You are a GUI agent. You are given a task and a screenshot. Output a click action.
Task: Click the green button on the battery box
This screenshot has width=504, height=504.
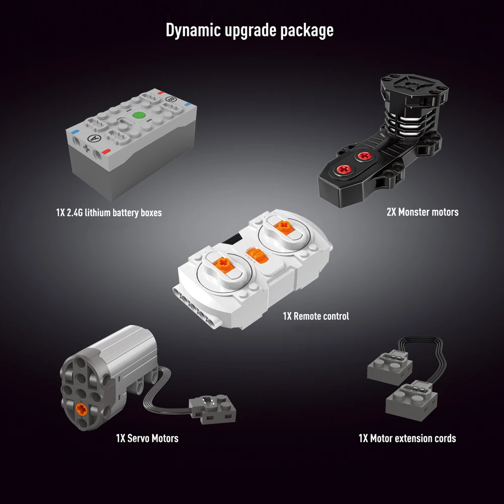pyautogui.click(x=139, y=115)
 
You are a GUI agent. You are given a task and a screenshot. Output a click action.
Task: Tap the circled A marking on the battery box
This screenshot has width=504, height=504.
pyautogui.click(x=94, y=139)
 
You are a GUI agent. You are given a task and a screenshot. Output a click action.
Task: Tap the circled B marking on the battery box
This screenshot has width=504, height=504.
pyautogui.click(x=171, y=99)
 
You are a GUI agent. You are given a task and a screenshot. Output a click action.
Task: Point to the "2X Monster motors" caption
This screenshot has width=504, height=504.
pyautogui.click(x=422, y=212)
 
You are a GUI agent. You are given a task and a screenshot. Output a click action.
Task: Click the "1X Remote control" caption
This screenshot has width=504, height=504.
pyautogui.click(x=316, y=317)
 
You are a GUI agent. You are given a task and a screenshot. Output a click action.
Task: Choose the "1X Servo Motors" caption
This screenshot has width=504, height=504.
pyautogui.click(x=147, y=438)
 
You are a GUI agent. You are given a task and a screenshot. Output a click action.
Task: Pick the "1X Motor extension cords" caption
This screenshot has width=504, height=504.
pyautogui.click(x=407, y=438)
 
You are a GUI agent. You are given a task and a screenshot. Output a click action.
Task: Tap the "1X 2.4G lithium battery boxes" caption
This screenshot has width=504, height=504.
pyautogui.click(x=109, y=213)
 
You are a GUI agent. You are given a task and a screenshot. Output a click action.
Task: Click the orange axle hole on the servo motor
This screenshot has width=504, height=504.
pyautogui.click(x=81, y=409)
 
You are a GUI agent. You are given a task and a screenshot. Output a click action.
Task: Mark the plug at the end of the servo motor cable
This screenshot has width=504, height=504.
pyautogui.click(x=213, y=409)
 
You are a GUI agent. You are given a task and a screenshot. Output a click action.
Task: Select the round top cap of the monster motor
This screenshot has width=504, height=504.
pyautogui.click(x=412, y=84)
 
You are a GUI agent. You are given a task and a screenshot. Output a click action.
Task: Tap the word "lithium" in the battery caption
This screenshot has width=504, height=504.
pyautogui.click(x=97, y=213)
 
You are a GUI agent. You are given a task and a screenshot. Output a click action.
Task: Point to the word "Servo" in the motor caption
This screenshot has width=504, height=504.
pyautogui.click(x=139, y=438)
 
